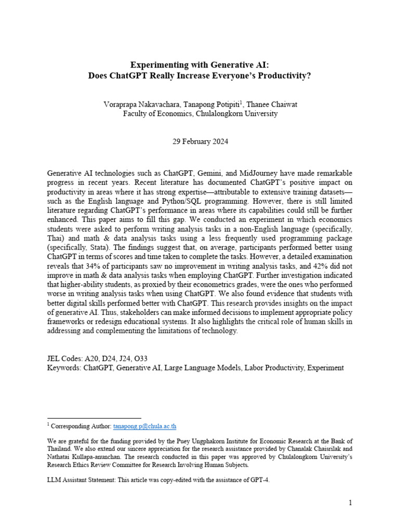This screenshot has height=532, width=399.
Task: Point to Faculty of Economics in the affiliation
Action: [157, 114]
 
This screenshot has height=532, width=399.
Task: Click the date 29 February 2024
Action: [200, 141]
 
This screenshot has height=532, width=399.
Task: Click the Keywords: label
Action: [64, 368]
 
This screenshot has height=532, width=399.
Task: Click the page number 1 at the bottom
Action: [351, 503]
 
